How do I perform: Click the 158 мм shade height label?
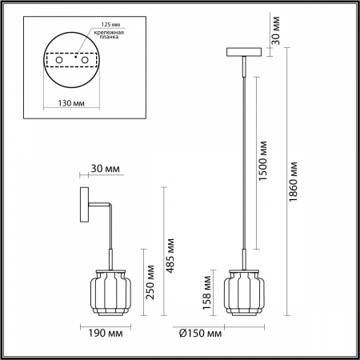click(207, 292)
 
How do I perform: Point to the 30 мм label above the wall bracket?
click(106, 169)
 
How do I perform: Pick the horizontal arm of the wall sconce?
click(100, 206)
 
